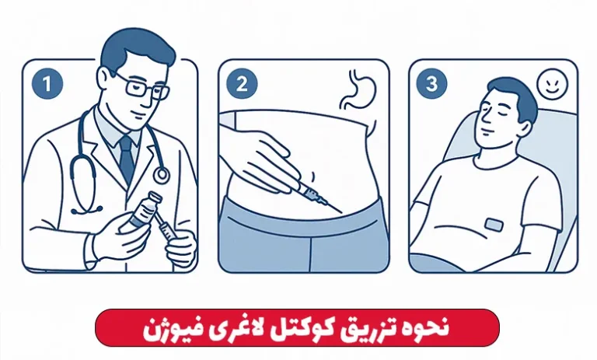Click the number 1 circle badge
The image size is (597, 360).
[47, 84]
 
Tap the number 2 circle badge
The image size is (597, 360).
[242, 84]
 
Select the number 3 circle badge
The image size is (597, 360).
[431, 83]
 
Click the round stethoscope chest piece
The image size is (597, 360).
[162, 174]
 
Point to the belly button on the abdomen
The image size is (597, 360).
[313, 176]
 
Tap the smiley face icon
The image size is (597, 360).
[552, 83]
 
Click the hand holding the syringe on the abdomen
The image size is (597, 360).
[263, 160]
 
